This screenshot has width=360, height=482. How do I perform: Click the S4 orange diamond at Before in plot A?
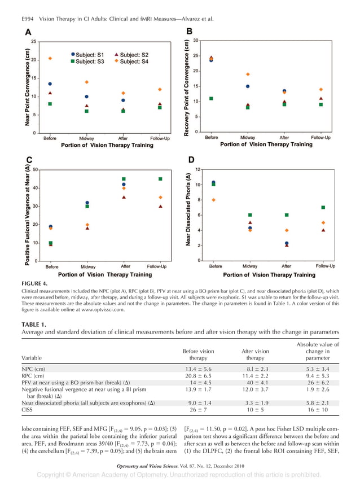point(50,58)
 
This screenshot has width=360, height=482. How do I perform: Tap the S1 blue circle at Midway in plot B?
point(247,86)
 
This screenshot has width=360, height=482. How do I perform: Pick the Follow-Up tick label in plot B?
point(321,137)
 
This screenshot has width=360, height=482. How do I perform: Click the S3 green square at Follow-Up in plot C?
point(160,179)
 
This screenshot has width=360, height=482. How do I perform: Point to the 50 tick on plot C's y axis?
point(36,169)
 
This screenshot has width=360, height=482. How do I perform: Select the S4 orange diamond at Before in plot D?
point(213,200)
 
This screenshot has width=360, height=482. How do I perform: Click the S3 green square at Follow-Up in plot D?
point(323,207)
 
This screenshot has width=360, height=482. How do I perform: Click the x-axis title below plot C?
point(105,275)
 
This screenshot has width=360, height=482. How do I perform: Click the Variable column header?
point(33,357)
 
